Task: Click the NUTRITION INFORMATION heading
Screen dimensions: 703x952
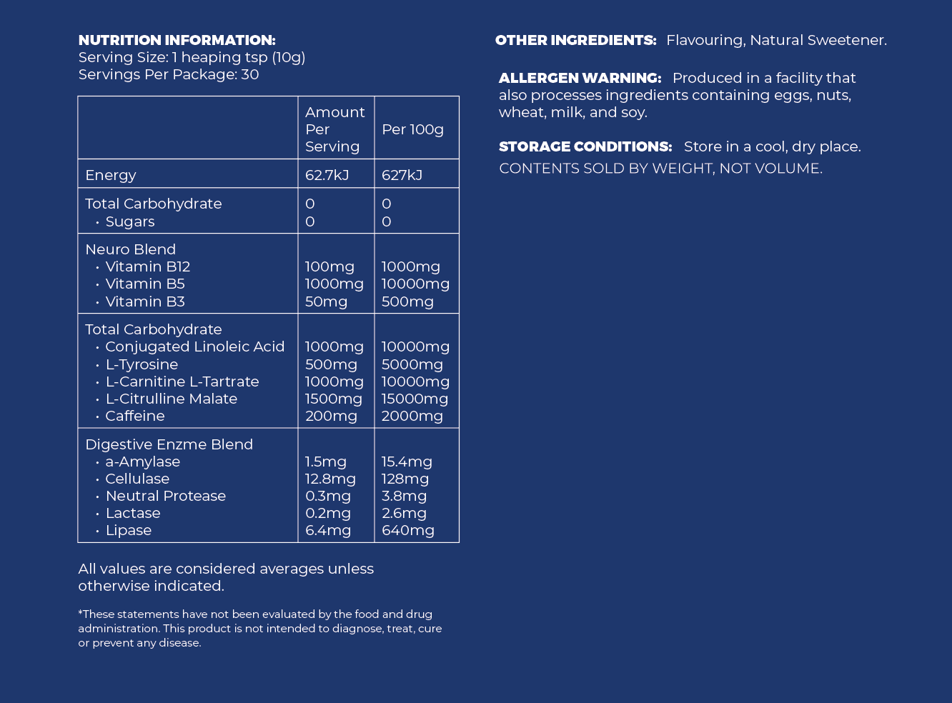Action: (177, 40)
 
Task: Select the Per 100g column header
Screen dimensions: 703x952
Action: (412, 129)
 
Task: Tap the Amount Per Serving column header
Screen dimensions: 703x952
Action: (334, 129)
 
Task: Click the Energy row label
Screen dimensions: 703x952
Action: (111, 175)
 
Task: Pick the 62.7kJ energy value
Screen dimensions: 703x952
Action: (327, 175)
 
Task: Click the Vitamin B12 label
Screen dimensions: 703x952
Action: (147, 266)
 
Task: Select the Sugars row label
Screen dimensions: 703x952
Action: (129, 221)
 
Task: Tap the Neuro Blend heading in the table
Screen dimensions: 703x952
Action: (130, 249)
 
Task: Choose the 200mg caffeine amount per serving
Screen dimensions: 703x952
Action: (331, 416)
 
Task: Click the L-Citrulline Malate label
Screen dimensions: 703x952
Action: (171, 399)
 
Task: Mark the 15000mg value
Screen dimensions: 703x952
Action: (415, 399)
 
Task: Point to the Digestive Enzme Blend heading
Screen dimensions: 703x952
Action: (169, 444)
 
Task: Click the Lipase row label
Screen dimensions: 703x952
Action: (128, 530)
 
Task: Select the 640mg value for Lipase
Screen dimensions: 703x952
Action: (407, 530)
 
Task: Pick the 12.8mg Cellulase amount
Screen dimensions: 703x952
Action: (330, 479)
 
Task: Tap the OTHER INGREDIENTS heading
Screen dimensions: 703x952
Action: (575, 40)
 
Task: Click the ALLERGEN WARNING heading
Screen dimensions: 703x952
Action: (580, 78)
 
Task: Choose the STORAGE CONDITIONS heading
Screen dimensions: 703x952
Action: (585, 146)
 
